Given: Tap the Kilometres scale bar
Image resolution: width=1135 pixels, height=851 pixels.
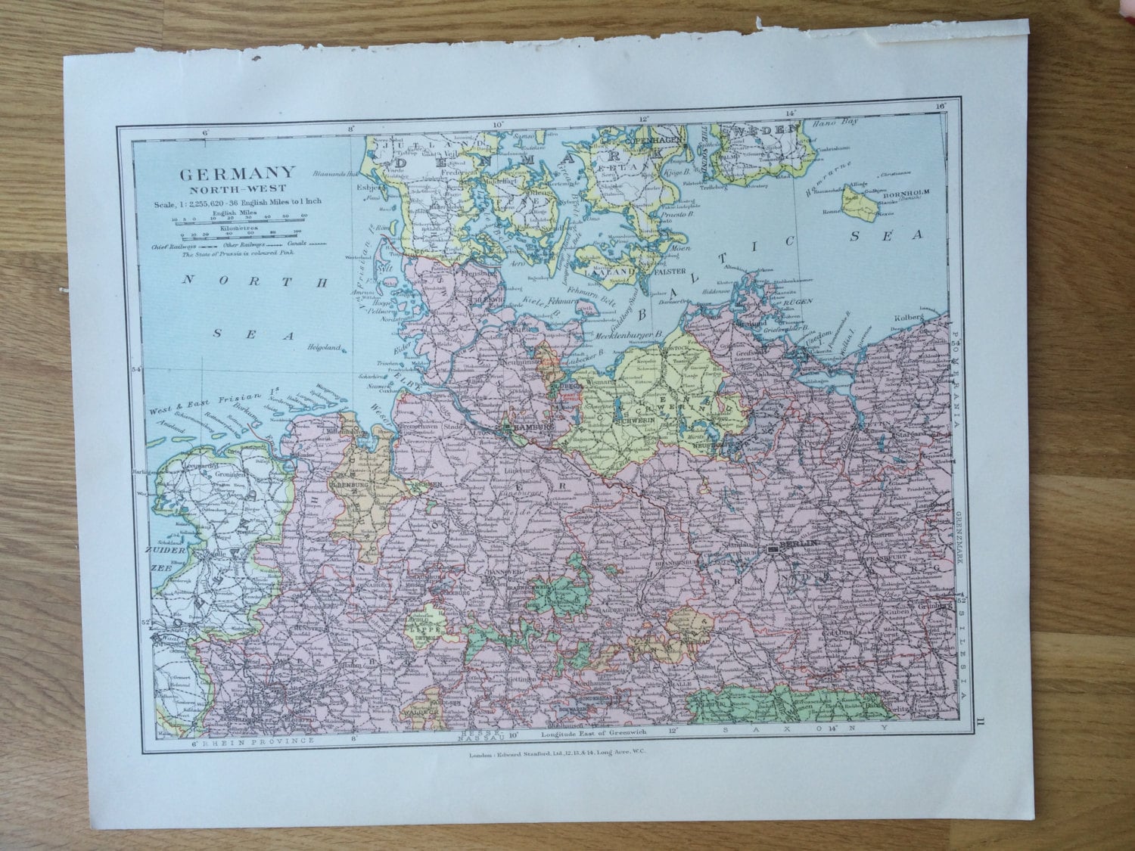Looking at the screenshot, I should [x=235, y=234].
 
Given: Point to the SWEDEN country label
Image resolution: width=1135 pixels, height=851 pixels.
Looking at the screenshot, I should [x=760, y=131].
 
